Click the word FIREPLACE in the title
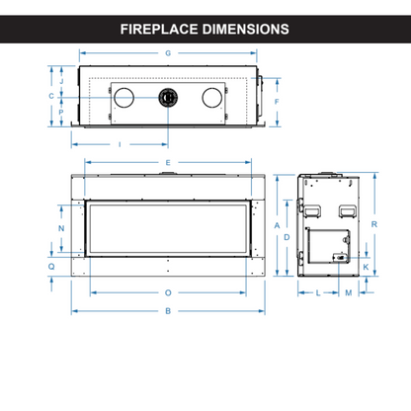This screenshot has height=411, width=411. pyautogui.click(x=160, y=29)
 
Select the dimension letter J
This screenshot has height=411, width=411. pyautogui.click(x=61, y=81)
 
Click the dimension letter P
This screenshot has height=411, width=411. pyautogui.click(x=61, y=113)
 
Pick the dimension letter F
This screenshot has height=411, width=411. pyautogui.click(x=278, y=102)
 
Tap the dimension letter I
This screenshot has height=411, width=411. pyautogui.click(x=120, y=144)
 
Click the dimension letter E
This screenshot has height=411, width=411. pyautogui.click(x=169, y=161)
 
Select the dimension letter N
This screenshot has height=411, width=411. pyautogui.click(x=61, y=229)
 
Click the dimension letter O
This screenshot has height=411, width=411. pyautogui.click(x=169, y=292)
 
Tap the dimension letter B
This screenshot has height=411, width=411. pyautogui.click(x=169, y=311)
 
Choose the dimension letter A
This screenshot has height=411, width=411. pyautogui.click(x=278, y=225)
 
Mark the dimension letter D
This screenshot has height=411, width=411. pyautogui.click(x=288, y=237)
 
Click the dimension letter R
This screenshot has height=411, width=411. pyautogui.click(x=377, y=225)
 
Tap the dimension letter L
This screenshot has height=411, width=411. pyautogui.click(x=318, y=293)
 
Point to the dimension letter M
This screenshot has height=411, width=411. pyautogui.click(x=348, y=293)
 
